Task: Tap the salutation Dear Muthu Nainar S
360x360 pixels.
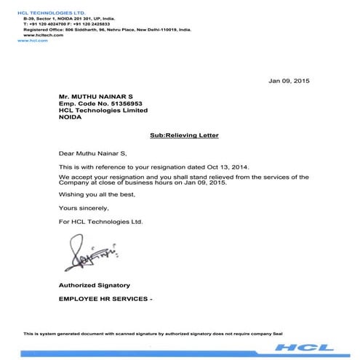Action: coord(92,153)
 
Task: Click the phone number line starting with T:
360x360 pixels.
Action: coord(75,25)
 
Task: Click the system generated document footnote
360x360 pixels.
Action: coord(151,333)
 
